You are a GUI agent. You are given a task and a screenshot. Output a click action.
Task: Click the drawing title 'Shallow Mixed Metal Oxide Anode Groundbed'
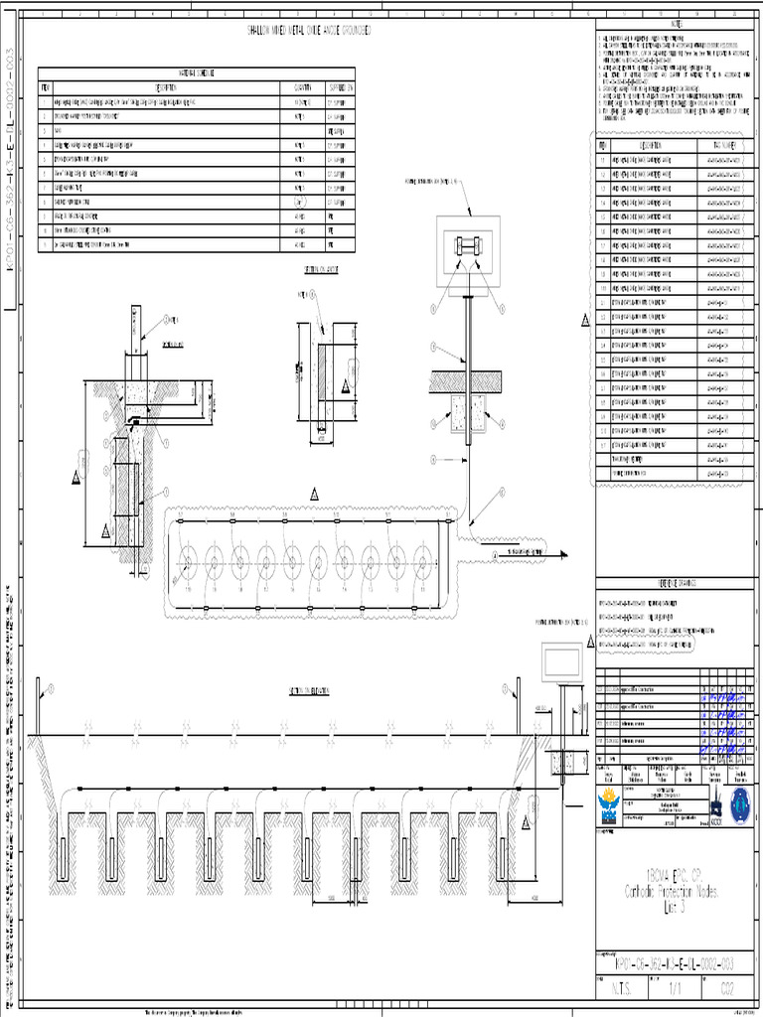[x=309, y=32]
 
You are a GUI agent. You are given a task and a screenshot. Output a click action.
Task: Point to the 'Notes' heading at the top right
[x=678, y=24]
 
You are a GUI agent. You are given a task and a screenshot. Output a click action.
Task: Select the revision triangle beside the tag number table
[x=586, y=320]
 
